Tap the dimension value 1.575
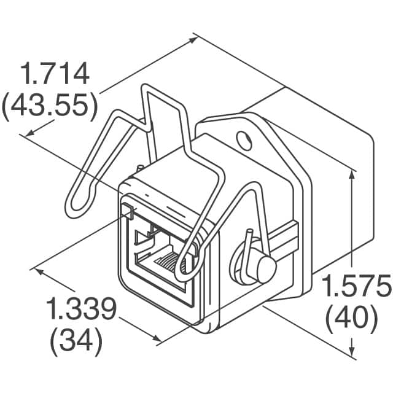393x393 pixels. (x=357, y=286)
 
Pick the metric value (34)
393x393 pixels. (x=76, y=341)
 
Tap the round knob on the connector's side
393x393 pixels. (x=263, y=268)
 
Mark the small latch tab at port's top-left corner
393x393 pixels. (x=128, y=211)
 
